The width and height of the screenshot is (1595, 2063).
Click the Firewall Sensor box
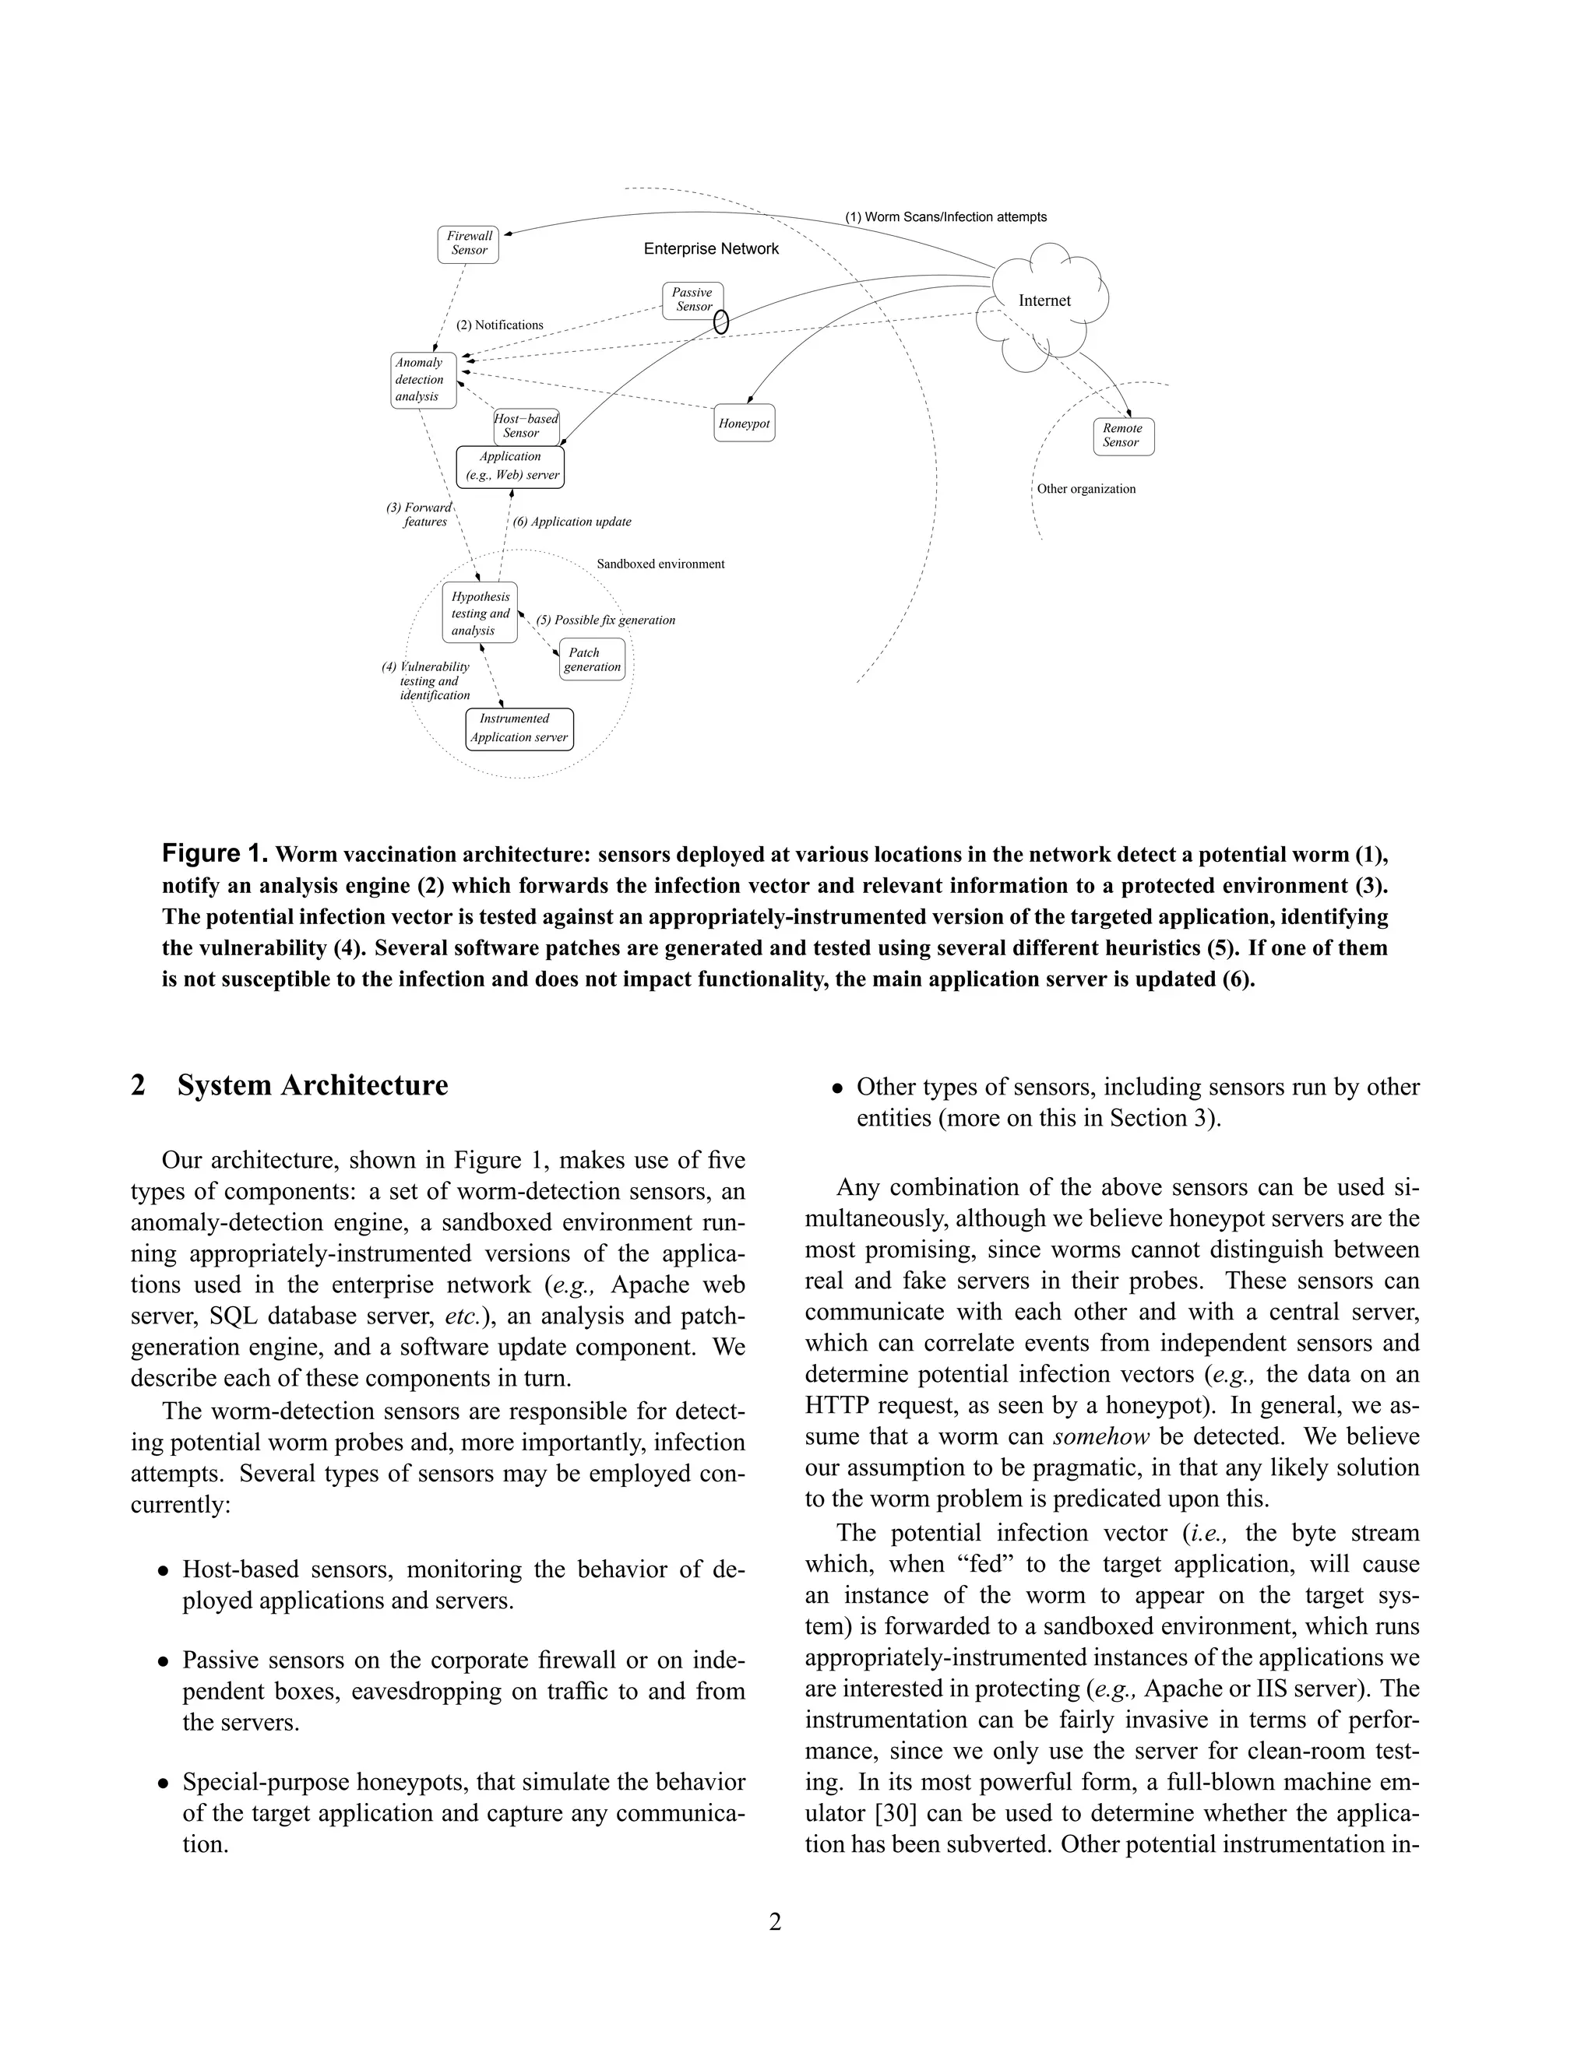469,244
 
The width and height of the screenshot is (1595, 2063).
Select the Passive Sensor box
694,300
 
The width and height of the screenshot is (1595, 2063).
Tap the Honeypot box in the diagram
745,423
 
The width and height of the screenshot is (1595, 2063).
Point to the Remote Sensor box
1124,435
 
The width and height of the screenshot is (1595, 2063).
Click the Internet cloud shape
1044,301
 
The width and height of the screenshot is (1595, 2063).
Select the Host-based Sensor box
526,426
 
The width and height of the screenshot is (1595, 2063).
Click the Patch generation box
593,659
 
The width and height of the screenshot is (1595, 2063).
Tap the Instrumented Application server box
519,729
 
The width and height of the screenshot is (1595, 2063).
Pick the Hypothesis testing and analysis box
480,613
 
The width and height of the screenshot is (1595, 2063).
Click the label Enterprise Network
712,248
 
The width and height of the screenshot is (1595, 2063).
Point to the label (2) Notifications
500,325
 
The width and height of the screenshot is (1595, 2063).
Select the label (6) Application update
572,522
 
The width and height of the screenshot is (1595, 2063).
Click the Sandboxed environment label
660,564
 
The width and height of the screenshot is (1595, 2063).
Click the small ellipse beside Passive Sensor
721,322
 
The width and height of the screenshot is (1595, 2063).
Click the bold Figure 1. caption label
216,854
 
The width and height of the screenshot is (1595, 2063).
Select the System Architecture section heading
312,1085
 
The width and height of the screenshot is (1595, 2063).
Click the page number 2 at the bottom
775,1921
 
